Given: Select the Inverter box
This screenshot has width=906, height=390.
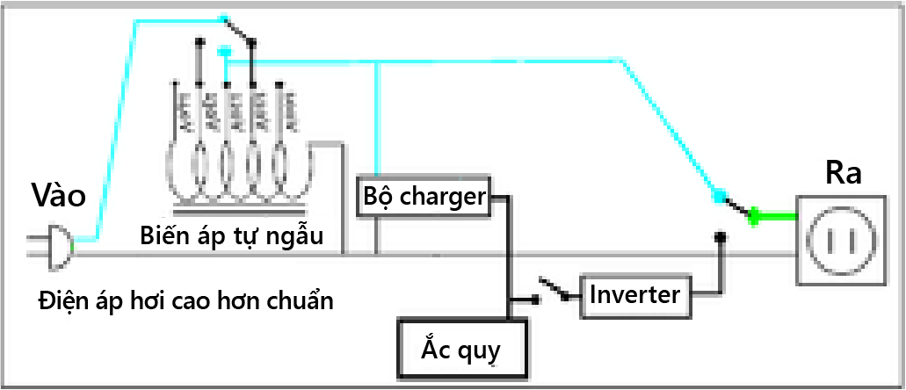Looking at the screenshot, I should pos(634,293).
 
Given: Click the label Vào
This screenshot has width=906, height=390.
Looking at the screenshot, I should pos(58,195).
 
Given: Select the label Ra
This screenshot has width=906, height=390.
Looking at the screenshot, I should pos(842,172).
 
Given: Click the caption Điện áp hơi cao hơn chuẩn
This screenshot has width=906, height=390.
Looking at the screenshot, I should pos(186,300).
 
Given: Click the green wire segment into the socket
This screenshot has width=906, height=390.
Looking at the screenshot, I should pos(774,217).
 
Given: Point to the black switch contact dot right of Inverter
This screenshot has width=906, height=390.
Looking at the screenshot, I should pos(720,236).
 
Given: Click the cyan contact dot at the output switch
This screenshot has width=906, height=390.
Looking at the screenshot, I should pos(719,196).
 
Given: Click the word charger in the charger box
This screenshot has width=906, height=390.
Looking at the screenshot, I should pos(442,197).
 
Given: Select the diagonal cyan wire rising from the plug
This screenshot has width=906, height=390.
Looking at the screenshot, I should pos(114,132).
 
